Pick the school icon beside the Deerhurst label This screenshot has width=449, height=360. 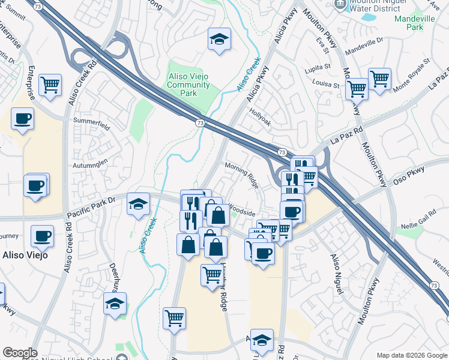click(x=115, y=304)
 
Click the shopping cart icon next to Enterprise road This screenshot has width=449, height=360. click(x=50, y=85)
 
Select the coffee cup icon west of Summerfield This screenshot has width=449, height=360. click(x=22, y=118)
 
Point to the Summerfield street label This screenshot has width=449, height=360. click(x=91, y=127)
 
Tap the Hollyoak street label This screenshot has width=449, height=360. click(x=261, y=112)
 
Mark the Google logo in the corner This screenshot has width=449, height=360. click(x=20, y=353)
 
